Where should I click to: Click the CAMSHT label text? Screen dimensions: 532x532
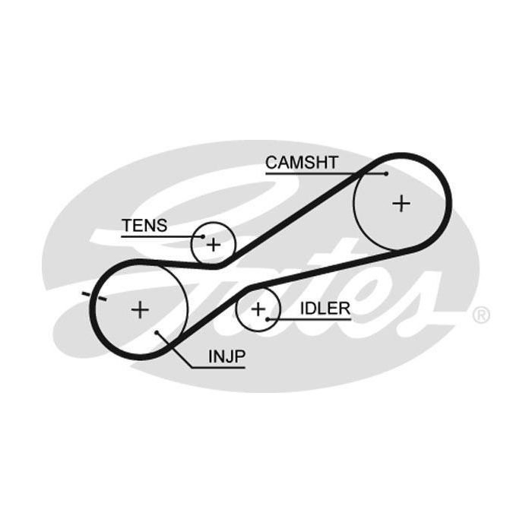click(302, 163)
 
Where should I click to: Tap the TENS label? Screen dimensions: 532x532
click(144, 225)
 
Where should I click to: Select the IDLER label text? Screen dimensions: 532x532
click(325, 309)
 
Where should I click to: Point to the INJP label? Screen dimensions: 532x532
click(226, 356)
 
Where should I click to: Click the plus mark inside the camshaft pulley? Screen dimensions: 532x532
click(401, 204)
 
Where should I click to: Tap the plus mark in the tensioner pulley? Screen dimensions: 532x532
click(214, 245)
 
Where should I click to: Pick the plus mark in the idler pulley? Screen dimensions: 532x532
click(258, 309)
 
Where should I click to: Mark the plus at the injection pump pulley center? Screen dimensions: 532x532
click(140, 309)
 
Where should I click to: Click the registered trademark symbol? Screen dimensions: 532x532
click(481, 315)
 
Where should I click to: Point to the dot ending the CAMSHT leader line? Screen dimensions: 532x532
click(386, 174)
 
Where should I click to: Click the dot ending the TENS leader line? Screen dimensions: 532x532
click(203, 236)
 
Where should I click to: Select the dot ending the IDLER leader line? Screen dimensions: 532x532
click(268, 319)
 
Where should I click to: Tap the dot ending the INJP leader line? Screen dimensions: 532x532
click(157, 333)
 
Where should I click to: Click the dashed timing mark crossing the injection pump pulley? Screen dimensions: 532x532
click(95, 296)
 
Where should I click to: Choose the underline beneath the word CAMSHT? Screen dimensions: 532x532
click(326, 174)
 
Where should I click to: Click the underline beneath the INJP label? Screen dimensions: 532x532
click(218, 367)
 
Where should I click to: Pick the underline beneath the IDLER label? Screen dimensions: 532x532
click(309, 319)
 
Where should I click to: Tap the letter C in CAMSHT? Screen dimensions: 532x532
click(272, 163)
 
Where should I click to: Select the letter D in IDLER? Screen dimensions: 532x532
click(311, 309)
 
